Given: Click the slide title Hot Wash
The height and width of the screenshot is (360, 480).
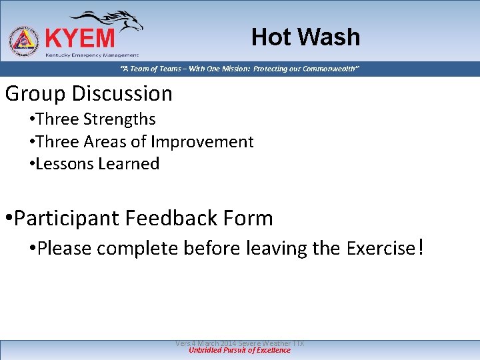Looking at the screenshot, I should click(x=305, y=37).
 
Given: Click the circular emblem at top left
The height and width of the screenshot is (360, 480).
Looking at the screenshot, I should click(x=23, y=42).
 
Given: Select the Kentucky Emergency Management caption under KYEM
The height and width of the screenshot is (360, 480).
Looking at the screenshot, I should click(x=91, y=55).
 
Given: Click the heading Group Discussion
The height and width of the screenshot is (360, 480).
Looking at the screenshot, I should click(x=89, y=94).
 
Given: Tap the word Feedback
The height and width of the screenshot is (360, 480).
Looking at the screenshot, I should click(x=171, y=218).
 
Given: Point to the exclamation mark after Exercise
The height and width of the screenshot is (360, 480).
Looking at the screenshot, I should click(x=419, y=248).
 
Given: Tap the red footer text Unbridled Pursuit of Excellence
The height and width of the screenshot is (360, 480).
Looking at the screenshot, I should click(x=239, y=350).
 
